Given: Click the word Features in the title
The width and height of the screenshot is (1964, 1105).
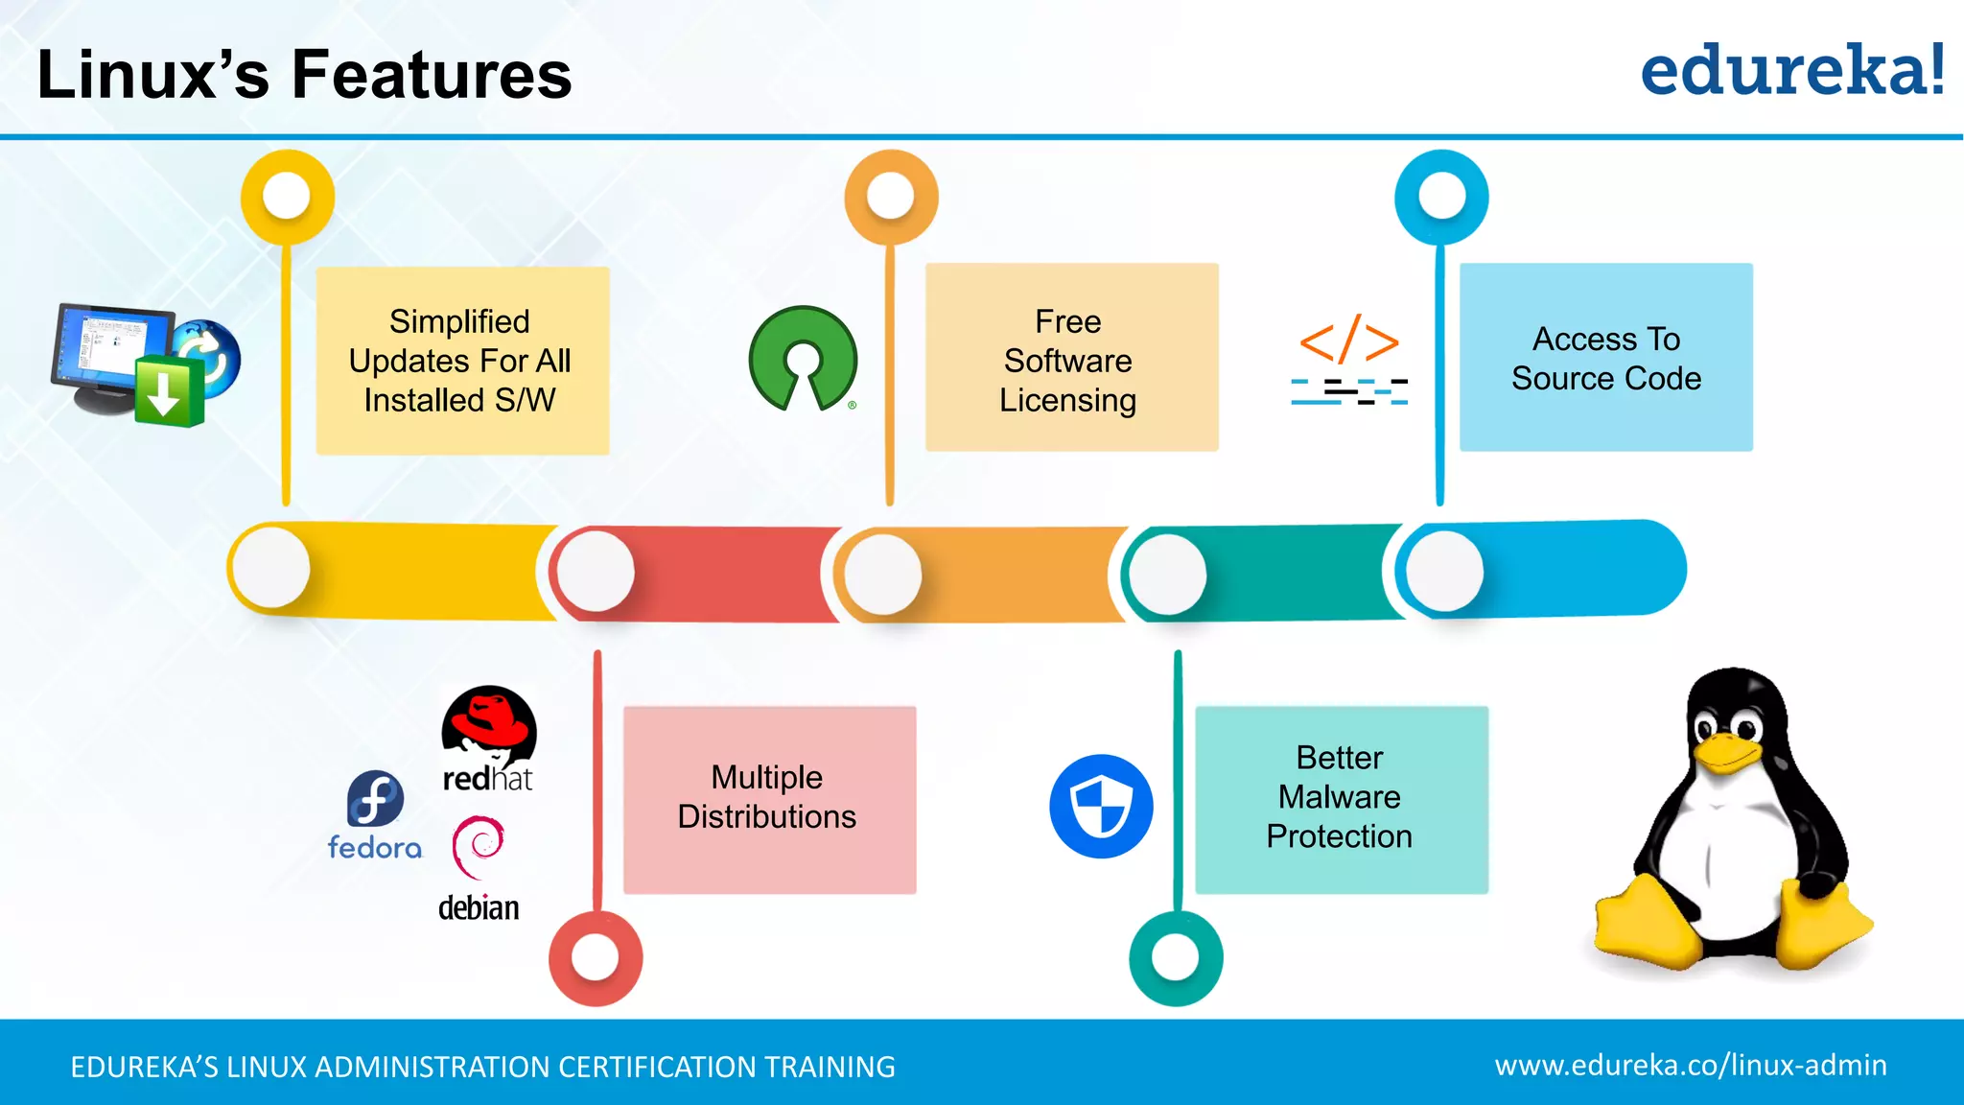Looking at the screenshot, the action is (x=432, y=75).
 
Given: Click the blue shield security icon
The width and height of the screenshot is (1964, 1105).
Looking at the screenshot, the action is (x=1101, y=806).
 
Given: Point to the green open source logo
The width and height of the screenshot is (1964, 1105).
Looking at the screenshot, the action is (x=803, y=359).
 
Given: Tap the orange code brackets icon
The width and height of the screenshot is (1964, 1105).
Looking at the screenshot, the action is (x=1349, y=341).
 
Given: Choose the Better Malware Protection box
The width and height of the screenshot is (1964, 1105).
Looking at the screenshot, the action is (x=1341, y=799).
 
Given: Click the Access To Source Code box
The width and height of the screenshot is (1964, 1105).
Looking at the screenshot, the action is (x=1605, y=357).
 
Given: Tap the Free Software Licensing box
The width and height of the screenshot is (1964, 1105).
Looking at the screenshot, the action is (x=1071, y=357).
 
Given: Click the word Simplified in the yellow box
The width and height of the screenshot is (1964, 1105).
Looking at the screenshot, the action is (x=459, y=321).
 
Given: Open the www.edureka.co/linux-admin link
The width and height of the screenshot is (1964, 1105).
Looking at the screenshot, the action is (x=1690, y=1065).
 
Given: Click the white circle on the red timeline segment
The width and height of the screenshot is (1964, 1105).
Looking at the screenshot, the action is (x=596, y=572).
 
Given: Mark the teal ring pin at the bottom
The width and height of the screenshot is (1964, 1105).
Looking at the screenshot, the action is (x=1176, y=957).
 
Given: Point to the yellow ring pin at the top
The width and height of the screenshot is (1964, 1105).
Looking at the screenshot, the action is (x=287, y=197).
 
